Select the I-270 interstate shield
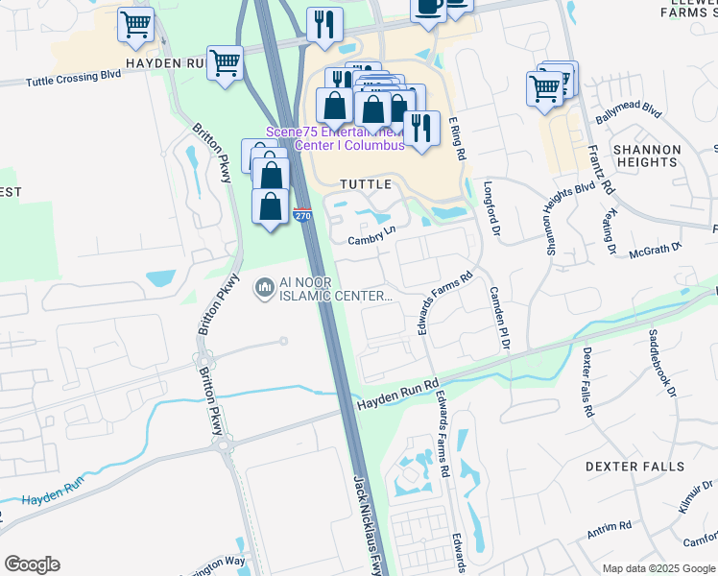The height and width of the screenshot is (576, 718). (x=302, y=215)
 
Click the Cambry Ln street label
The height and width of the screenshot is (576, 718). (x=371, y=235)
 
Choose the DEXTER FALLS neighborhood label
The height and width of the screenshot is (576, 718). (x=635, y=467)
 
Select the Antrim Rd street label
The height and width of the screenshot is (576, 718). (x=610, y=527)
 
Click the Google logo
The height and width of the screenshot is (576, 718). (x=32, y=564)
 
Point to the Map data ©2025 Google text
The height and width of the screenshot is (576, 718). (x=658, y=568)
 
